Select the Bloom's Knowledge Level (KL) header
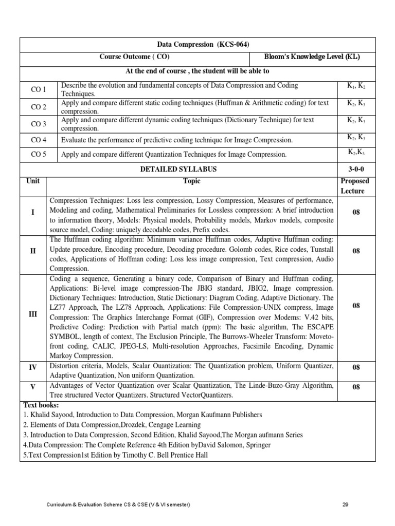tap(312, 57)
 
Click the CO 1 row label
tap(39, 90)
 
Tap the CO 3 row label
tap(39, 124)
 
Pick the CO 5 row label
tap(39, 154)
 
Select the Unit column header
tap(33, 181)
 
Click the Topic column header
tap(191, 181)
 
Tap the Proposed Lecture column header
tap(355, 186)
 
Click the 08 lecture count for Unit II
tap(356, 251)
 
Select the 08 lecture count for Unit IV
tap(356, 368)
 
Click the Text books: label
tap(42, 405)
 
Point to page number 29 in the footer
tap(345, 505)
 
